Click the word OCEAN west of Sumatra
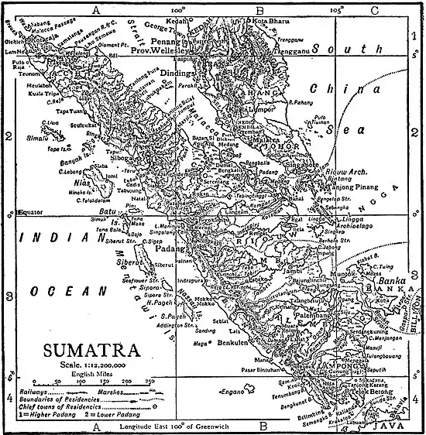tap(60, 291)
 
